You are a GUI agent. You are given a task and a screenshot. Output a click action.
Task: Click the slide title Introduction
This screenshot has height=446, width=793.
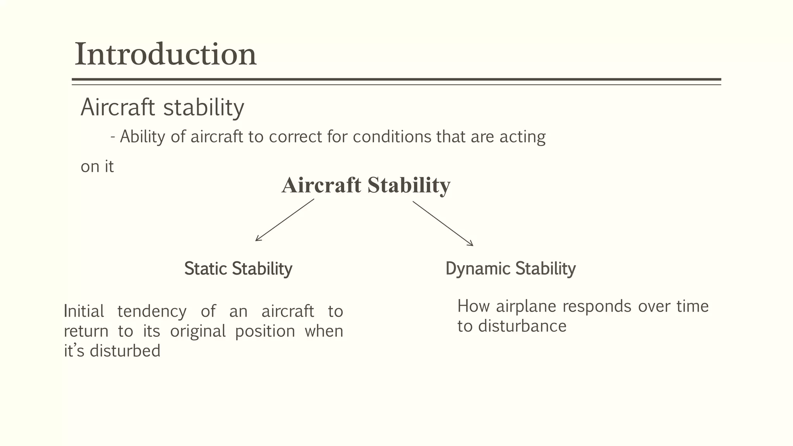tap(165, 55)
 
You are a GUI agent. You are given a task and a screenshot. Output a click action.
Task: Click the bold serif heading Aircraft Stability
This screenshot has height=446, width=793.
tap(366, 185)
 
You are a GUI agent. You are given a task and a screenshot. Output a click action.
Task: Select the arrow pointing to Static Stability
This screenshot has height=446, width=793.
tap(285, 220)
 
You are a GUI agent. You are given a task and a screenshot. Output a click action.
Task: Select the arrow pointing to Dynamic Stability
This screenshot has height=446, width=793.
tap(443, 223)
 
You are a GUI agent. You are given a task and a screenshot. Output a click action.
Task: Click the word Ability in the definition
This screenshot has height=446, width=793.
tap(142, 137)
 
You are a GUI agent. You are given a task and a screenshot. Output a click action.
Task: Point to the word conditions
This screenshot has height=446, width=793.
tap(392, 137)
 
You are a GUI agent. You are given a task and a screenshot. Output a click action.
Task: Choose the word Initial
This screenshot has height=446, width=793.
tap(84, 311)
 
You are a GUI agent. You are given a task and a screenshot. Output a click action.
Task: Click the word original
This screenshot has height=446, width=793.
tap(198, 331)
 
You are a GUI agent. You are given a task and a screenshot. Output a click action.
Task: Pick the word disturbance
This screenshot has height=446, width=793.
tap(522, 326)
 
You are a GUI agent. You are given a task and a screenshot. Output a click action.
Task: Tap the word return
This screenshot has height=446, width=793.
tap(86, 331)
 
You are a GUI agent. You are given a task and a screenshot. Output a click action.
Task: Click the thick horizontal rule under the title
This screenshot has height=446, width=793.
tap(396, 79)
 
